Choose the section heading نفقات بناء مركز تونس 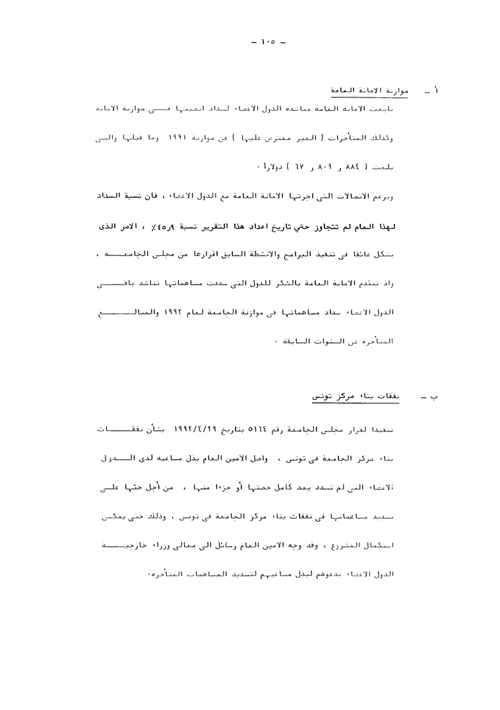pyautogui.click(x=361, y=398)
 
